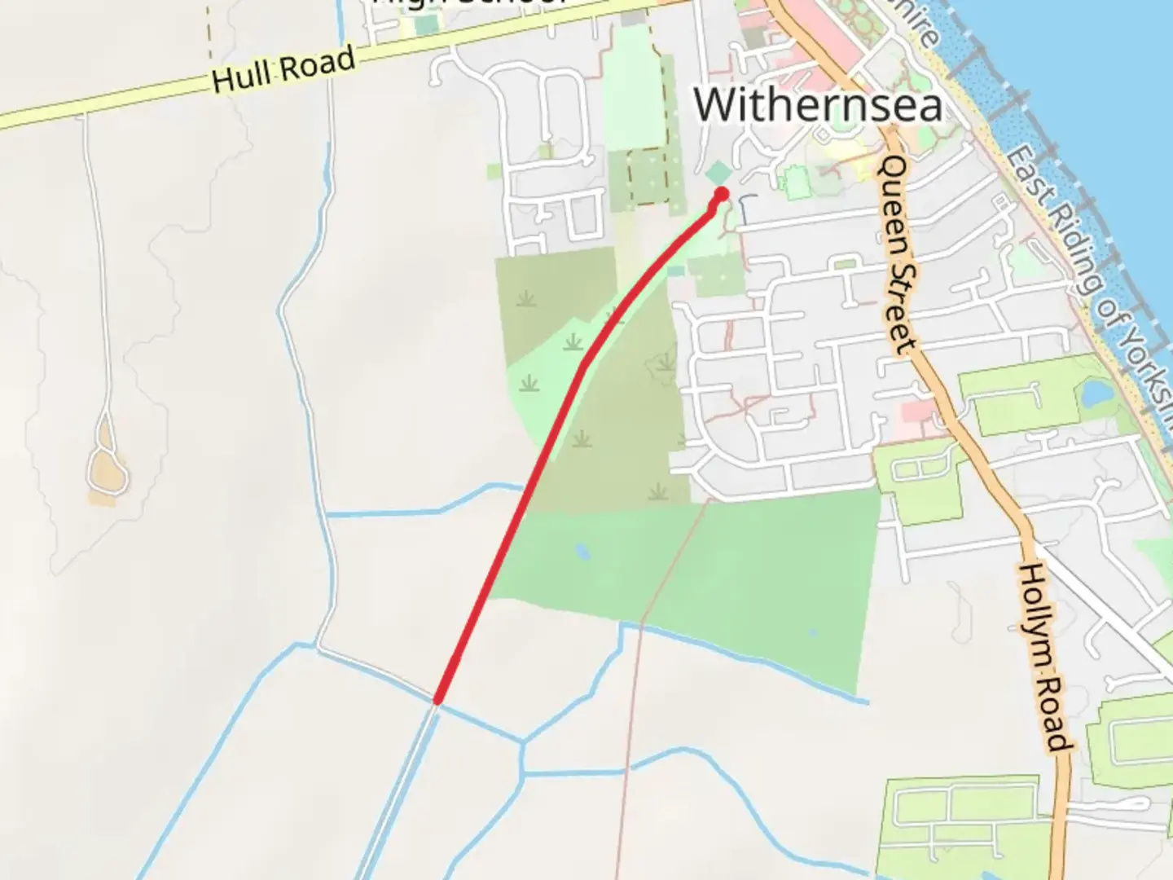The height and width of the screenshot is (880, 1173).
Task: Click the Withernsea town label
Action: click(818, 104)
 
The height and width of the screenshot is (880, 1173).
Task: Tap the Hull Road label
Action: click(283, 69)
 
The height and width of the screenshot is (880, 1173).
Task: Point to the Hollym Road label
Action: click(1042, 657)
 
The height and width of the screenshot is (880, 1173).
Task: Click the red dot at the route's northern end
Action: click(721, 194)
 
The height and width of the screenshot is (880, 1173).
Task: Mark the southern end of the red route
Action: click(437, 699)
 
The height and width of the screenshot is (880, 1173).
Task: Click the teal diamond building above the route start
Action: click(718, 173)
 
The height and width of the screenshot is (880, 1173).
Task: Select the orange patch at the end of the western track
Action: click(108, 471)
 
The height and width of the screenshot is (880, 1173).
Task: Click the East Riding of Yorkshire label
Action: click(1092, 285)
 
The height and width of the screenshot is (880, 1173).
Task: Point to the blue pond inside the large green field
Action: click(582, 552)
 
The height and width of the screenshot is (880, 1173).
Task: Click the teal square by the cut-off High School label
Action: click(425, 24)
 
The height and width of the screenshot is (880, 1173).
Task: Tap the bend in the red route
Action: click(582, 365)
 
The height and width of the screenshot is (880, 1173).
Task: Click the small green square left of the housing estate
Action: click(494, 172)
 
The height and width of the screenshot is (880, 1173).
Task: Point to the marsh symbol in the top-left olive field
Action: click(526, 299)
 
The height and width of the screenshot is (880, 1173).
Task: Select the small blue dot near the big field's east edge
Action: click(812, 632)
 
